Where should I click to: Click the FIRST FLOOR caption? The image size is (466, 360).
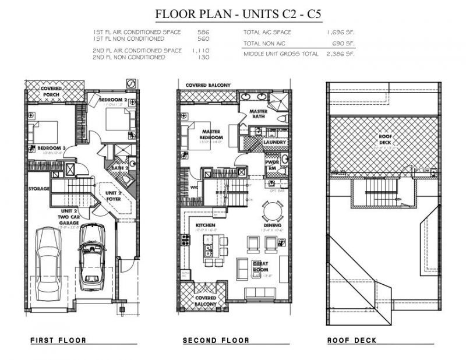coord(58,340)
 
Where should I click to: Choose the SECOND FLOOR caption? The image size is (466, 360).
coord(216,340)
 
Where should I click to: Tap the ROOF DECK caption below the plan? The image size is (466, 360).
coord(352,340)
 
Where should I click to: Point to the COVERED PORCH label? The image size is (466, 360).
coord(51,90)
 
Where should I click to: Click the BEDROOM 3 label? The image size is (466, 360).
coord(51,149)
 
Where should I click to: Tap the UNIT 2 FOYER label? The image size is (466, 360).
coord(113,195)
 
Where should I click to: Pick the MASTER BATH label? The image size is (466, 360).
coord(258,113)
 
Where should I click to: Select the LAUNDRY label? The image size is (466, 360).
coord(273,142)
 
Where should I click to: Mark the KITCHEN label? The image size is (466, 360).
coord(206,225)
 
